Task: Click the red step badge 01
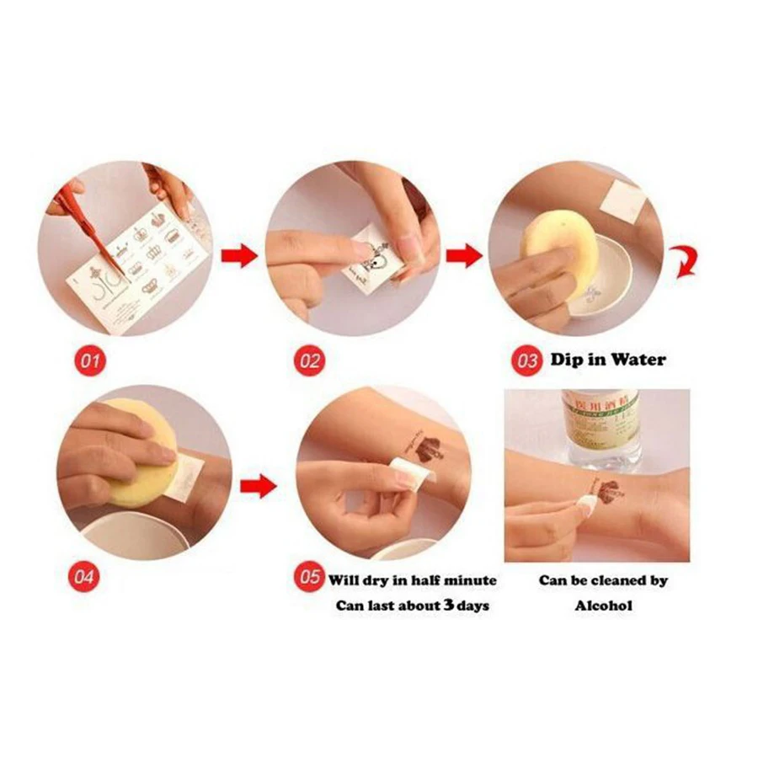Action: tap(90, 361)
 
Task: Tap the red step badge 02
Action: tap(309, 361)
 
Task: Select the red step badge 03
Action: tap(527, 361)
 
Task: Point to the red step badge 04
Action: tap(88, 578)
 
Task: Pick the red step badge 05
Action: tap(308, 578)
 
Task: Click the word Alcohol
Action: tap(604, 605)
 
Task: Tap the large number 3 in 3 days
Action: tap(451, 605)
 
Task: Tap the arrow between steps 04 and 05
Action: tap(258, 485)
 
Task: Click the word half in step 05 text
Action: tap(422, 580)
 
